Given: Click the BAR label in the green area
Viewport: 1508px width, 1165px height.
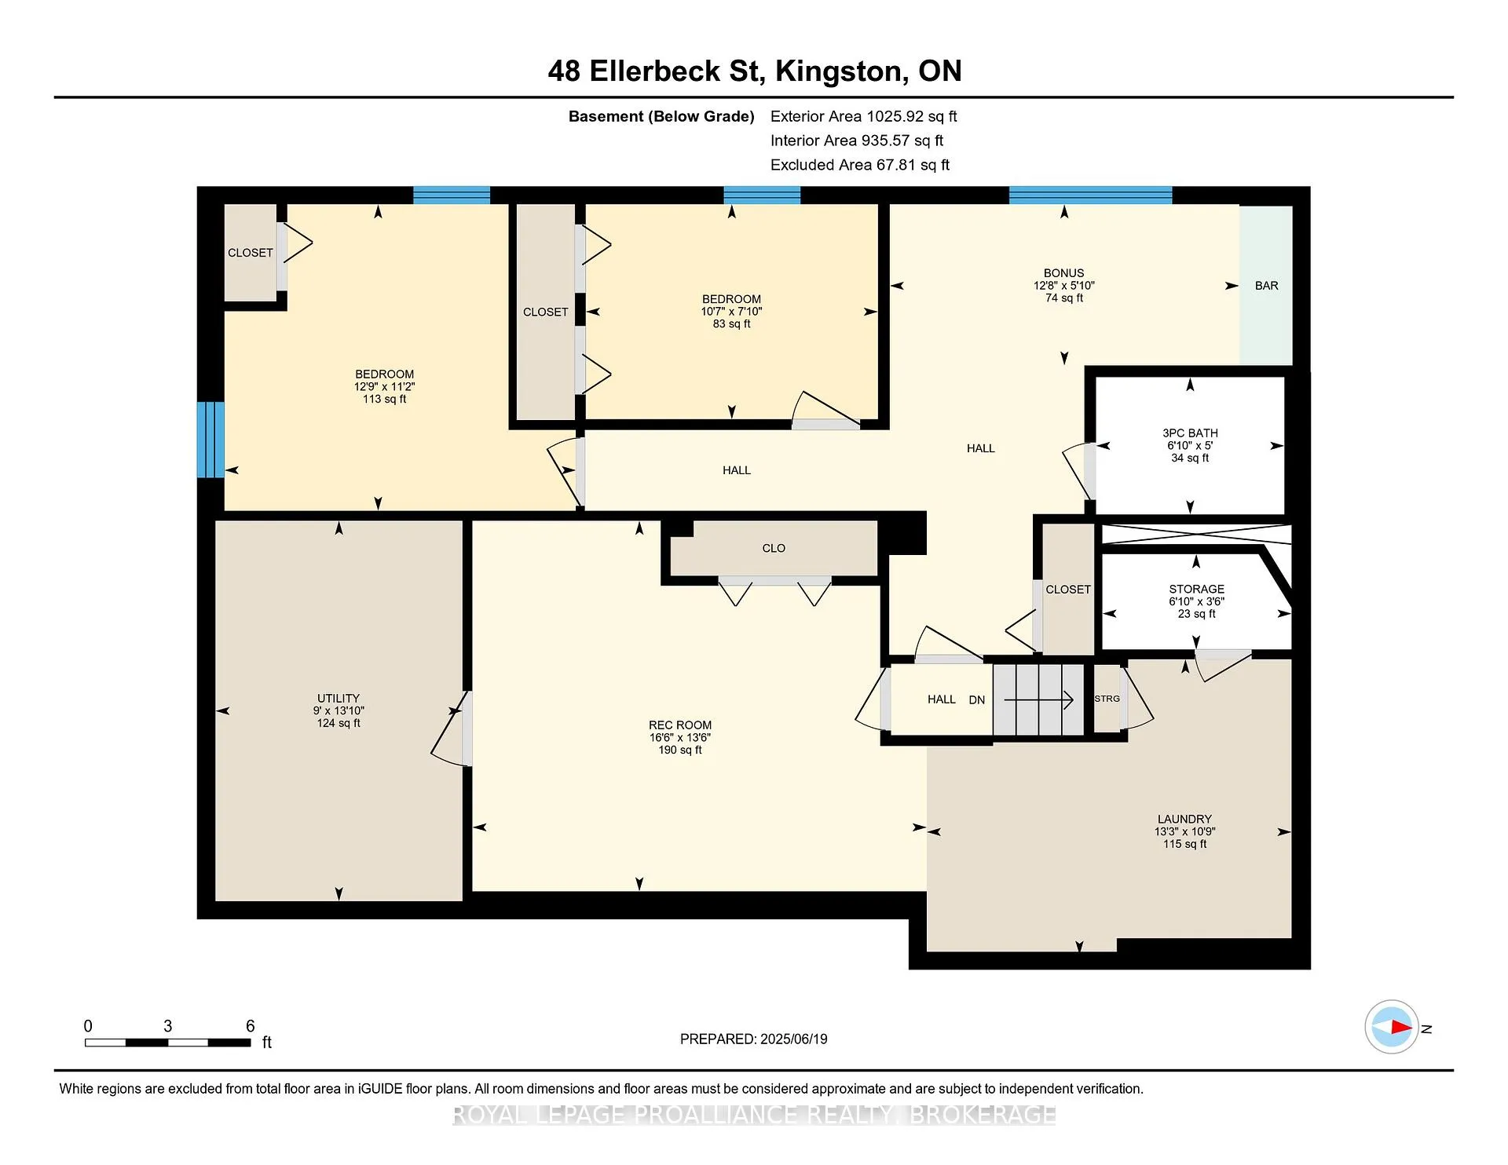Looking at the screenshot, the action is click(x=1266, y=286).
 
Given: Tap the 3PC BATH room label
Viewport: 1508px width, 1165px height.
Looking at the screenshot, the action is click(x=1190, y=433).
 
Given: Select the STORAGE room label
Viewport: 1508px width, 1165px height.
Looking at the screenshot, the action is click(x=1196, y=589).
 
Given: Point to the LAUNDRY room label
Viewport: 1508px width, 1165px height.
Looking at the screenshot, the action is click(x=1184, y=819).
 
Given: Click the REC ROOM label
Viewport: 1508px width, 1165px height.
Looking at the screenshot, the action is click(x=680, y=725).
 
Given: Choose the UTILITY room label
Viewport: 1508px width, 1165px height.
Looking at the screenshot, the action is click(x=339, y=698).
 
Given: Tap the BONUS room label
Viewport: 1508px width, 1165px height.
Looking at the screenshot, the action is click(x=1064, y=273).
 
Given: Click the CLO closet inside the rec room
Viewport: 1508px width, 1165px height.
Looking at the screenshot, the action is click(x=774, y=548).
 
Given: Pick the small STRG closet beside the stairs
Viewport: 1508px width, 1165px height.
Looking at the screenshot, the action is click(x=1107, y=699).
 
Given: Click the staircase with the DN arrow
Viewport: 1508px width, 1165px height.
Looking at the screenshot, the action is click(x=1038, y=699).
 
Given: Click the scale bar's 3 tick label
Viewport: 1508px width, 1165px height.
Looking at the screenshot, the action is click(x=167, y=1026).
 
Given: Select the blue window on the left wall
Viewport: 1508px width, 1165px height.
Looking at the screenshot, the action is click(x=210, y=440).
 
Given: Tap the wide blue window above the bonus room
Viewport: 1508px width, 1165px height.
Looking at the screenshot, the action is click(x=1090, y=195).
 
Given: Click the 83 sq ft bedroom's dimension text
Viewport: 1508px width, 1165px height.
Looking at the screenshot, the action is click(x=731, y=312).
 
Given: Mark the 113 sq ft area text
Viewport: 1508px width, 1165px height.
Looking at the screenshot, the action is click(x=384, y=399).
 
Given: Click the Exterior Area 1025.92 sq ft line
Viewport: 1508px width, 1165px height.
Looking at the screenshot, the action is click(x=863, y=116).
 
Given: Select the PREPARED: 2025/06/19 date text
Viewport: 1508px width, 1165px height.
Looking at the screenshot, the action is click(x=753, y=1039).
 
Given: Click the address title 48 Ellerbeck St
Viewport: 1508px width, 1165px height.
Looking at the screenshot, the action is click(x=656, y=71).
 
